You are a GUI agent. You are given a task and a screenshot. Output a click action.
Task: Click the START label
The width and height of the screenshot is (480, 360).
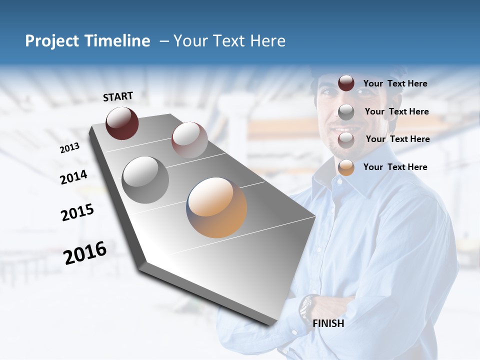coord(118,96)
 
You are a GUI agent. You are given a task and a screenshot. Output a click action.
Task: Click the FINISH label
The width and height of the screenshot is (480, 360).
coord(328,323)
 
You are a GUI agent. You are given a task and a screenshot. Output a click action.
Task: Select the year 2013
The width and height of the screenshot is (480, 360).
coord(69,147)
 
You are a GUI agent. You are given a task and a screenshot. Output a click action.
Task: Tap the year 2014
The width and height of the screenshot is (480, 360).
coord(73,177)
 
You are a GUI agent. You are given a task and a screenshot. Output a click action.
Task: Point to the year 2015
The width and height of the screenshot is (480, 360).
coord(77,212)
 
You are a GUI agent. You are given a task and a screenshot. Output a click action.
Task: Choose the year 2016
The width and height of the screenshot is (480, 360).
coord(85,253)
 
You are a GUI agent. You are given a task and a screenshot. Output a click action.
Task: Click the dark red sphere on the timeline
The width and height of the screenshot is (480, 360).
coord(122,123)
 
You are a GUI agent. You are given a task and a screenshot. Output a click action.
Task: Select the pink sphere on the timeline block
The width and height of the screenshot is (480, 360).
coord(189,140)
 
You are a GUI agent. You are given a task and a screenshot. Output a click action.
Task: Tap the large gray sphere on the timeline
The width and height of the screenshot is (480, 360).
coord(145,179)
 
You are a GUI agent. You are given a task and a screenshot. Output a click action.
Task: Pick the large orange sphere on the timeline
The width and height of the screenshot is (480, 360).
coord(216,207)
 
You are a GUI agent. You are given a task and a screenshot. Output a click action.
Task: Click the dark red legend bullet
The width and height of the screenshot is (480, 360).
coord(346,83)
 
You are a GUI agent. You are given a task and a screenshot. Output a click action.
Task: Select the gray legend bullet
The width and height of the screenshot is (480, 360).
coord(346,112)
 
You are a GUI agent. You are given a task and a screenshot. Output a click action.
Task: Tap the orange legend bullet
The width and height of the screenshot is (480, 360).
coord(346,167)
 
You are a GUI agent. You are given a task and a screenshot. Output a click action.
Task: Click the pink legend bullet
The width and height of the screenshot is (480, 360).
coord(346,139)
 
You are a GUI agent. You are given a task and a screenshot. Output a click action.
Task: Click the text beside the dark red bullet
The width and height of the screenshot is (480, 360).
coord(395,83)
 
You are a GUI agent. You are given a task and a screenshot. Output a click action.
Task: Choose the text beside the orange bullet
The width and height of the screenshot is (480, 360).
coord(395,167)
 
